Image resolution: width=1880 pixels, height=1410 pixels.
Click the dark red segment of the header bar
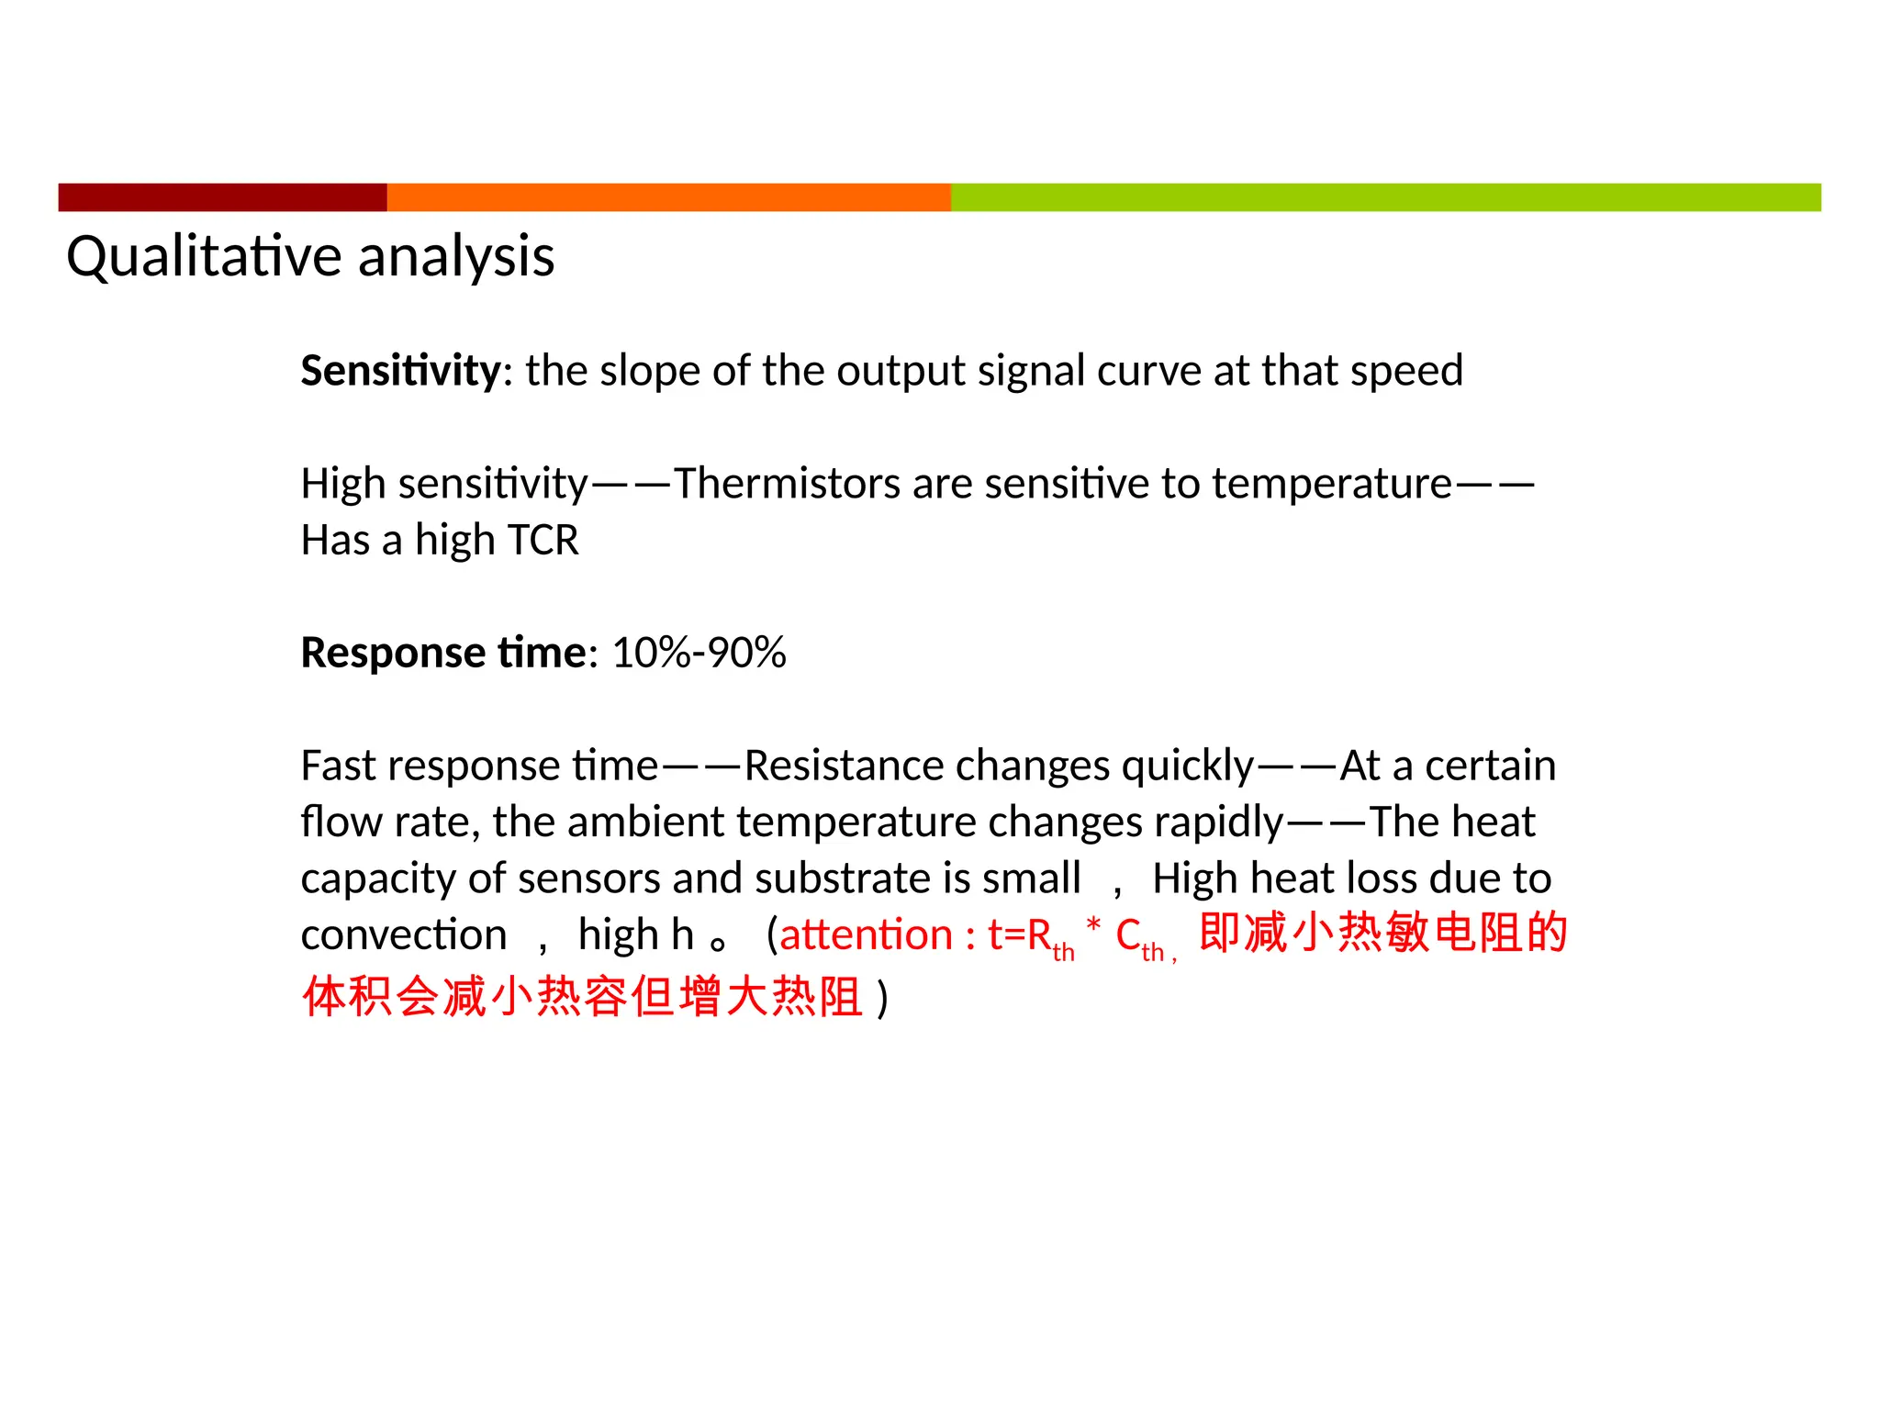[x=222, y=197]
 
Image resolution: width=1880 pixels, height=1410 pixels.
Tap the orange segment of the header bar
[x=668, y=197]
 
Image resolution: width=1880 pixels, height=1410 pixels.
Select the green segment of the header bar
[x=1384, y=197]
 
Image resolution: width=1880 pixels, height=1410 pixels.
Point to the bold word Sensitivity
[x=400, y=371]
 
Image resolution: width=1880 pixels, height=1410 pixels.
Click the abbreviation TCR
[x=543, y=541]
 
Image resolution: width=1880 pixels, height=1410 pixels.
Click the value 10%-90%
[x=699, y=653]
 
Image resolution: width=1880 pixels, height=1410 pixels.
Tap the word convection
[x=404, y=935]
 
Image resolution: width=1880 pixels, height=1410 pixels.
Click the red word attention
[x=866, y=935]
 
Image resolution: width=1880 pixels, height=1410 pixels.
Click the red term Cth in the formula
[x=1138, y=938]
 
